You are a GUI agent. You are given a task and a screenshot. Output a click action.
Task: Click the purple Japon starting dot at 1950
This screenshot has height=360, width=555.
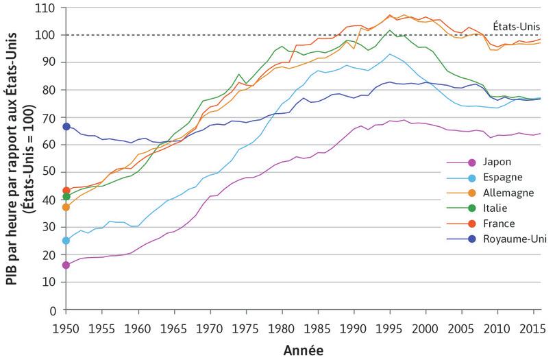click(66, 265)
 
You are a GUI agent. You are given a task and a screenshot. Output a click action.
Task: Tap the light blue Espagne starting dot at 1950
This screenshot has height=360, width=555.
click(66, 241)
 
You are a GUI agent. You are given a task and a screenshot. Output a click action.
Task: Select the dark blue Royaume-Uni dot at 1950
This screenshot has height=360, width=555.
click(66, 126)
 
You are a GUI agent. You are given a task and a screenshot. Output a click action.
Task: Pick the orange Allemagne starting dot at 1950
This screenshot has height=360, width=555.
click(66, 207)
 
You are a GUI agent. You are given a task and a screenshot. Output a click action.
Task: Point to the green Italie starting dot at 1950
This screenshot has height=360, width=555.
click(66, 197)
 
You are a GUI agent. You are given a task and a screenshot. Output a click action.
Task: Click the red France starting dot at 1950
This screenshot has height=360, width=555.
click(66, 190)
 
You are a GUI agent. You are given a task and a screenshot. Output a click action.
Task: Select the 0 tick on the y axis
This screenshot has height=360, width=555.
click(56, 310)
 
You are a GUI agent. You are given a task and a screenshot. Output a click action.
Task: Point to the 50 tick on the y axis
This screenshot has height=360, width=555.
click(53, 172)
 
